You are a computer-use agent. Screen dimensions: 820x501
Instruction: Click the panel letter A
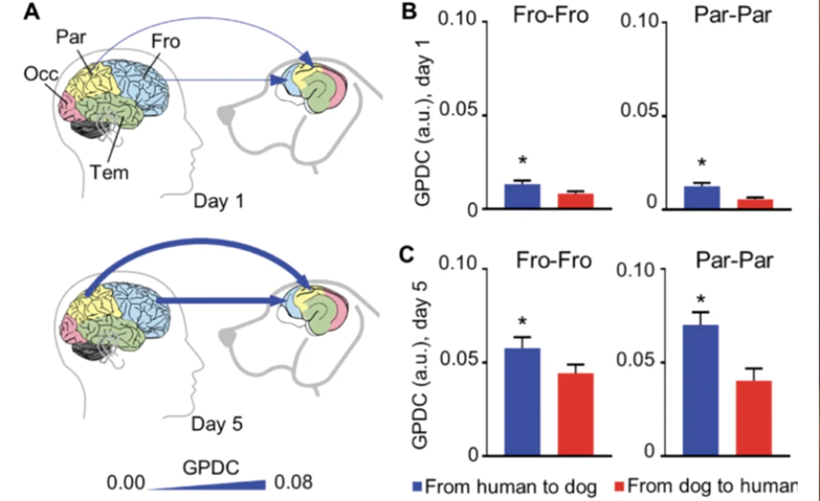click(x=31, y=13)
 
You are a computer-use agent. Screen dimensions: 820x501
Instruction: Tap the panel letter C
click(x=407, y=254)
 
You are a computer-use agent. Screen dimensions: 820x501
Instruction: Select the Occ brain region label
click(x=41, y=74)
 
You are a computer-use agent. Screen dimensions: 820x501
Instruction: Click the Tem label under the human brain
click(x=109, y=172)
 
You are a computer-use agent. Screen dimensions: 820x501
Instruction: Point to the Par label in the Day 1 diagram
click(x=71, y=37)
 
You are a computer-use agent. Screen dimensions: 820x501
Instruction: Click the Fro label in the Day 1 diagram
click(x=166, y=41)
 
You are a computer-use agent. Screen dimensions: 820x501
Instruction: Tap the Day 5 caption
click(x=217, y=424)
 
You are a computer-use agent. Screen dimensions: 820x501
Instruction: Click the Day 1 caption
click(x=218, y=201)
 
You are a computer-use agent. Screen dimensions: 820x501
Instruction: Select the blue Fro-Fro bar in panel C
click(x=522, y=402)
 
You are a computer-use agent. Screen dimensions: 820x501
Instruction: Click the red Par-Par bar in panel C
click(x=754, y=419)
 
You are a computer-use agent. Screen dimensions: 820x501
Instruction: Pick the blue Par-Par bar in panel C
click(x=701, y=390)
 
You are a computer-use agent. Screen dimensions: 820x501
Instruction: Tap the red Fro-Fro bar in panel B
click(x=576, y=201)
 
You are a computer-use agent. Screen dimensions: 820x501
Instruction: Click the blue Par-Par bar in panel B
click(x=702, y=198)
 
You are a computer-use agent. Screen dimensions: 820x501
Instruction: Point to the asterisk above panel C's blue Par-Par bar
click(x=701, y=299)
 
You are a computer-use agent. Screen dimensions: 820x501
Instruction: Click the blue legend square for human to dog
click(x=417, y=487)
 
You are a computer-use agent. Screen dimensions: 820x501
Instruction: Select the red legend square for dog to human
click(x=619, y=487)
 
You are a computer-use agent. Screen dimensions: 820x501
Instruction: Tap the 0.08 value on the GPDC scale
click(x=293, y=482)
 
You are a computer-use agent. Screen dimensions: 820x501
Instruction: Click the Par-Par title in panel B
click(x=733, y=15)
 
